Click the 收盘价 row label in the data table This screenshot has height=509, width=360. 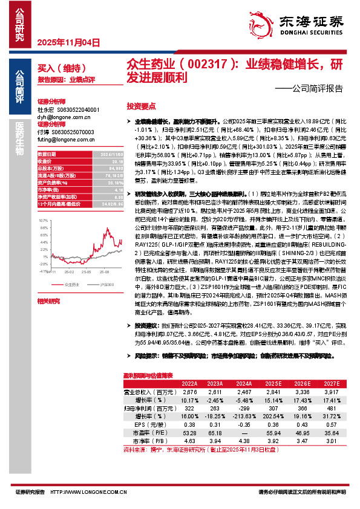point(45,161)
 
